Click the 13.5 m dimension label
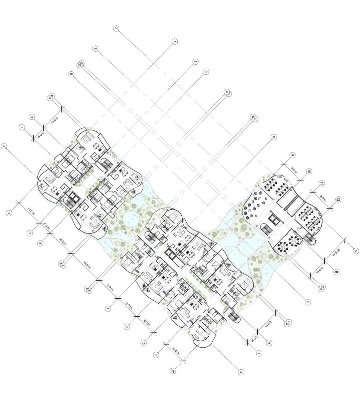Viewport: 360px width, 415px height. pyautogui.click(x=87, y=265)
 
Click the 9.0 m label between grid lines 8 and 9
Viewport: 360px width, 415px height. pyautogui.click(x=129, y=305)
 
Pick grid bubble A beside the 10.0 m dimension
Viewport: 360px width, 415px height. pyautogui.click(x=356, y=251)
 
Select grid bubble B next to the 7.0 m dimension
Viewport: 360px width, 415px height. pyautogui.click(x=336, y=272)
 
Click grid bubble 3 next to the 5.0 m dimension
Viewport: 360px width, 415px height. pyautogui.click(x=40, y=243)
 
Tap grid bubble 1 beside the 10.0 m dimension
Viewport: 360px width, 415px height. pyautogui.click(x=9, y=213)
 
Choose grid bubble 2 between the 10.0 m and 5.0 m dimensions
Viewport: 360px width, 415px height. pyautogui.click(x=29, y=233)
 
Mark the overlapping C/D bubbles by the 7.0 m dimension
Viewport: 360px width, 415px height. pyautogui.click(x=321, y=288)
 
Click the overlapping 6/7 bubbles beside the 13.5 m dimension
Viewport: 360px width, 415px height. pyautogui.click(x=88, y=290)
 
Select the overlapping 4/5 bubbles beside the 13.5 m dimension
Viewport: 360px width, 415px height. pyautogui.click(x=61, y=265)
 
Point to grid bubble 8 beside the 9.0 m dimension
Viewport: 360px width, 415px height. pyautogui.click(x=108, y=309)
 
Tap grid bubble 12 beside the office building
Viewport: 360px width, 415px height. pyautogui.click(x=338, y=199)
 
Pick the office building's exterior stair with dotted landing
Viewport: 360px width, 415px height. pyautogui.click(x=309, y=239)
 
